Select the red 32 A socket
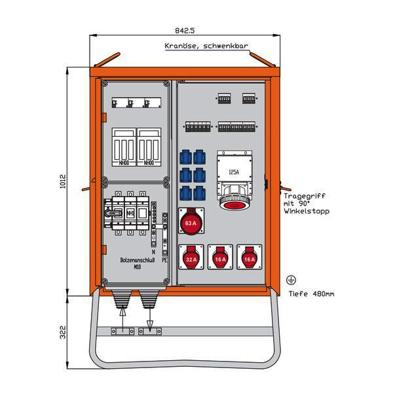click(x=191, y=258)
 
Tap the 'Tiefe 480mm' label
click(x=312, y=293)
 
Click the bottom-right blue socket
click(x=199, y=193)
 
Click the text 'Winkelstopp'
click(x=307, y=212)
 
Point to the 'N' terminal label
click(x=152, y=252)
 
